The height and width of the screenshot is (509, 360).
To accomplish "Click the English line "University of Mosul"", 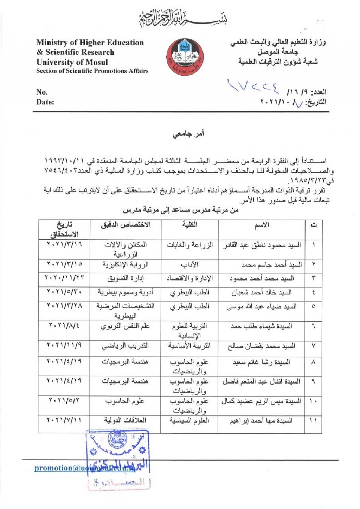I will click(x=72, y=62).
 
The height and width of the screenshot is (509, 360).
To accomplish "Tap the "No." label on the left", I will click(x=41, y=92).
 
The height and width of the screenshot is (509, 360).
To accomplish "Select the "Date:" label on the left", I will click(x=45, y=102).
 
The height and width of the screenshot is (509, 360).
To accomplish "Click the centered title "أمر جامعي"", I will click(x=188, y=134).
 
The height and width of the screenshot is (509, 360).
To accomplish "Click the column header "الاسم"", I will click(x=262, y=225).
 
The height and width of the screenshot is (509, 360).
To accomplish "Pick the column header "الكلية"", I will click(x=190, y=225).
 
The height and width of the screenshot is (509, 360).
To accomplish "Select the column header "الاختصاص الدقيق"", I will click(x=126, y=225).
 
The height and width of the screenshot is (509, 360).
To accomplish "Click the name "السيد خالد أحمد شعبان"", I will click(x=261, y=292).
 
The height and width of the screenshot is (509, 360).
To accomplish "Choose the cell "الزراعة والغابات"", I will click(x=189, y=245).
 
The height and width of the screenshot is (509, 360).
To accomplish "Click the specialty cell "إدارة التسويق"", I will click(x=126, y=278).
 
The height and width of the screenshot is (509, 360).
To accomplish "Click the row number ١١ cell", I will click(x=313, y=420).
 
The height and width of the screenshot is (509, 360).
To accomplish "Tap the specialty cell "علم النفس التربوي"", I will click(x=125, y=326).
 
